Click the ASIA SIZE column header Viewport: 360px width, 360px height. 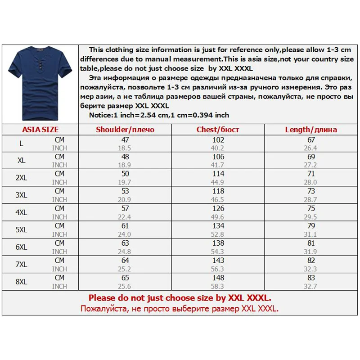pos(40,130)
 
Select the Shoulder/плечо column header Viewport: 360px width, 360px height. pos(125,130)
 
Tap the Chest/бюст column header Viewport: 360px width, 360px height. pos(218,130)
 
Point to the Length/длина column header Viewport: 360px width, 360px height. pos(311,130)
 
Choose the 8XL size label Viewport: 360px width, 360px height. pos(22,282)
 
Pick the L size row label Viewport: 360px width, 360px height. pos(22,143)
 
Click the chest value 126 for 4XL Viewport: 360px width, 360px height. pos(218,208)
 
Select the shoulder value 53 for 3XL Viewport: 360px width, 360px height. pos(125,191)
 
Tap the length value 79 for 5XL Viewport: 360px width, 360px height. pos(311,225)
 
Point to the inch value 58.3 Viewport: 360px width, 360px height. pos(218,286)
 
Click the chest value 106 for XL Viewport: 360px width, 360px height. pos(218,156)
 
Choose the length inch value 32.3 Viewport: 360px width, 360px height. pos(311,269)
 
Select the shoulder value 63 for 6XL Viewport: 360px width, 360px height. pos(125,243)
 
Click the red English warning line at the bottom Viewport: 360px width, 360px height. pos(180,298)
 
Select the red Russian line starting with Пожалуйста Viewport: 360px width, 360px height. pos(180,309)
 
